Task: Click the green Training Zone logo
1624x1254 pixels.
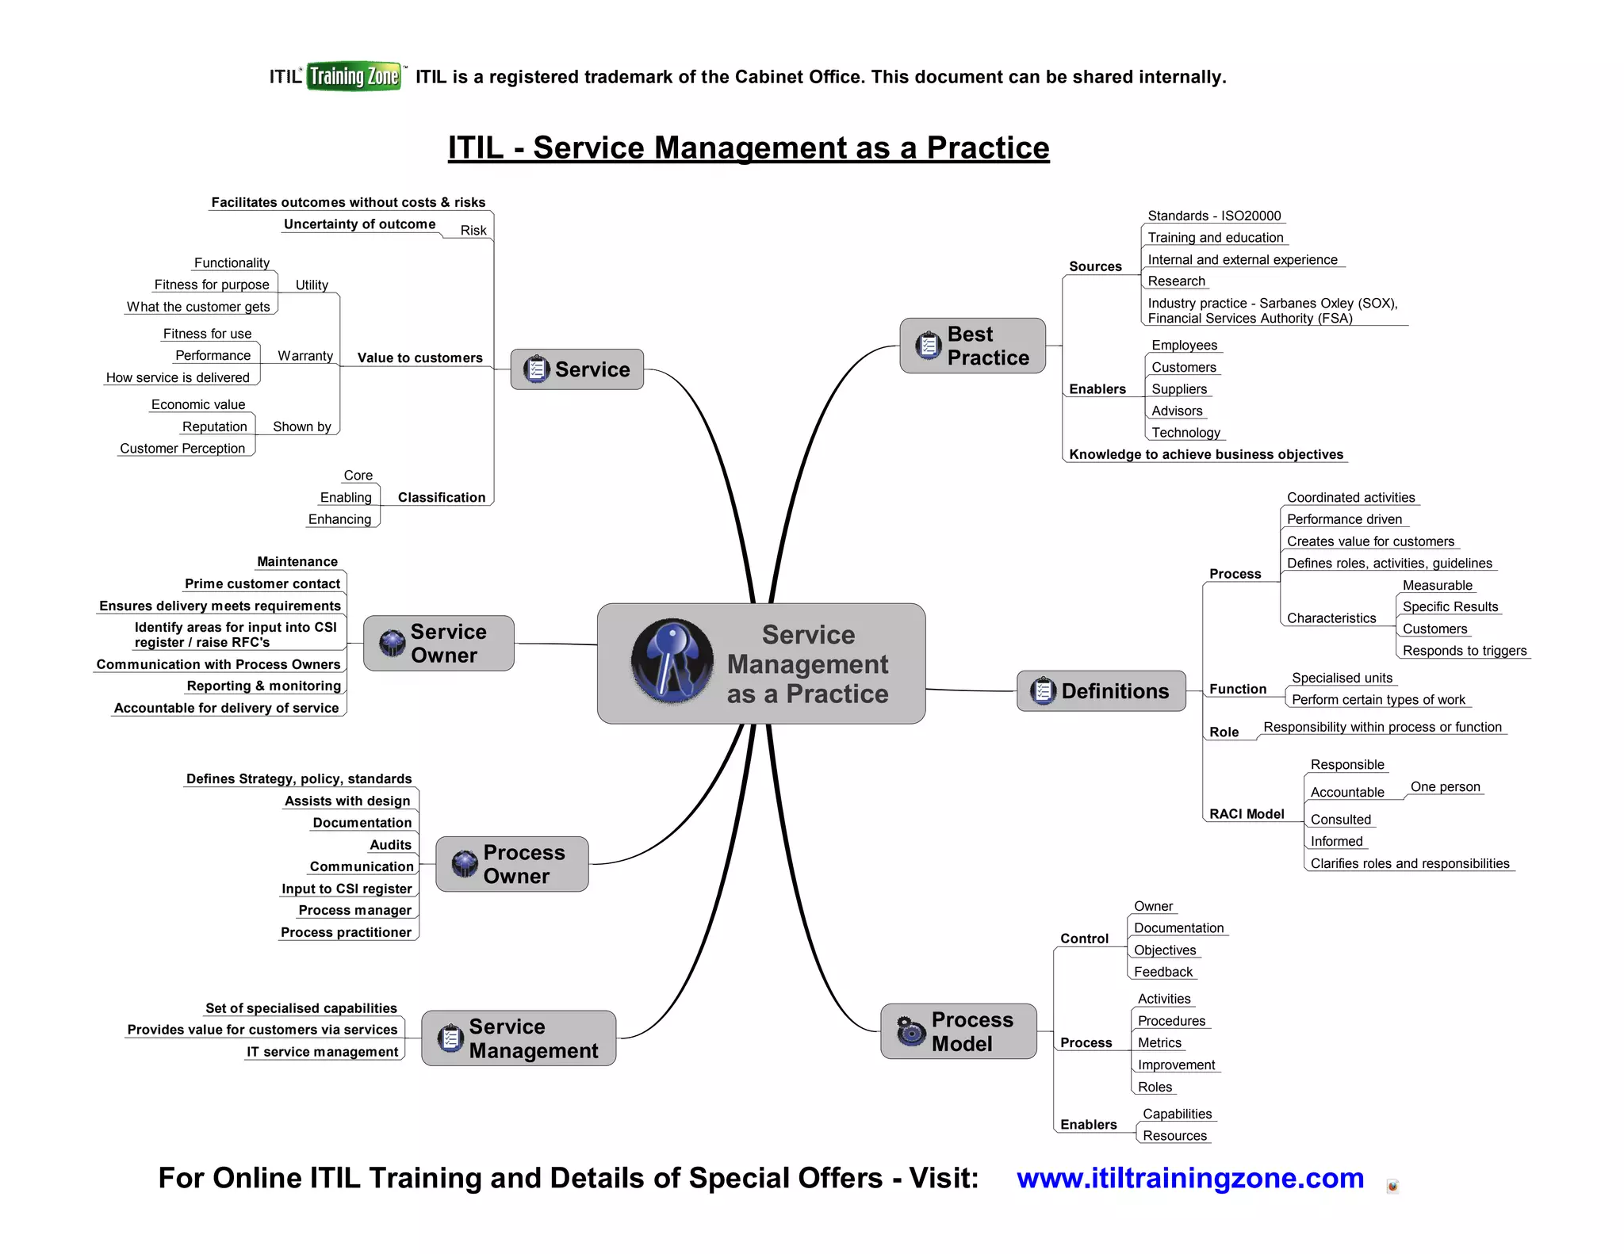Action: pyautogui.click(x=354, y=76)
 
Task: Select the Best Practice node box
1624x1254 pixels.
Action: pyautogui.click(x=972, y=346)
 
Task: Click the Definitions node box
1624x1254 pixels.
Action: pyautogui.click(x=1101, y=691)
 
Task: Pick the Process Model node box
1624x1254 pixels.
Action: pyautogui.click(x=958, y=1031)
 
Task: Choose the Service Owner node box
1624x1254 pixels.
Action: pyautogui.click(x=439, y=643)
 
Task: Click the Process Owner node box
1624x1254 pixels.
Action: pyautogui.click(x=512, y=864)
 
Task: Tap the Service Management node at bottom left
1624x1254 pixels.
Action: pyautogui.click(x=519, y=1038)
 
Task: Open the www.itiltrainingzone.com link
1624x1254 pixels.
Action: pyautogui.click(x=1190, y=1178)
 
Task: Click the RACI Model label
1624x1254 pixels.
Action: pyautogui.click(x=1247, y=814)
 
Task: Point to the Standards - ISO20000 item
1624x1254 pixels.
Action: pyautogui.click(x=1214, y=216)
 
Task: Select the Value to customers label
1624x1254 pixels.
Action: pyautogui.click(x=419, y=357)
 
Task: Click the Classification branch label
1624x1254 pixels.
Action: pyautogui.click(x=442, y=497)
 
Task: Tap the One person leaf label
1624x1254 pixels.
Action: pyautogui.click(x=1445, y=787)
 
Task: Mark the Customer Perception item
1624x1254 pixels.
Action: pyautogui.click(x=182, y=448)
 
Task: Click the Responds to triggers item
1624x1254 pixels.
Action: pyautogui.click(x=1464, y=651)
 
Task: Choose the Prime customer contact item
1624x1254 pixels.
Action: pyautogui.click(x=262, y=583)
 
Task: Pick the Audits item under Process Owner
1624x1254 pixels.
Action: pyautogui.click(x=391, y=845)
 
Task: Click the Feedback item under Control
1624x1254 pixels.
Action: pyautogui.click(x=1162, y=972)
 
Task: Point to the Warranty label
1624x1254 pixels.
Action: pyautogui.click(x=305, y=356)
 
